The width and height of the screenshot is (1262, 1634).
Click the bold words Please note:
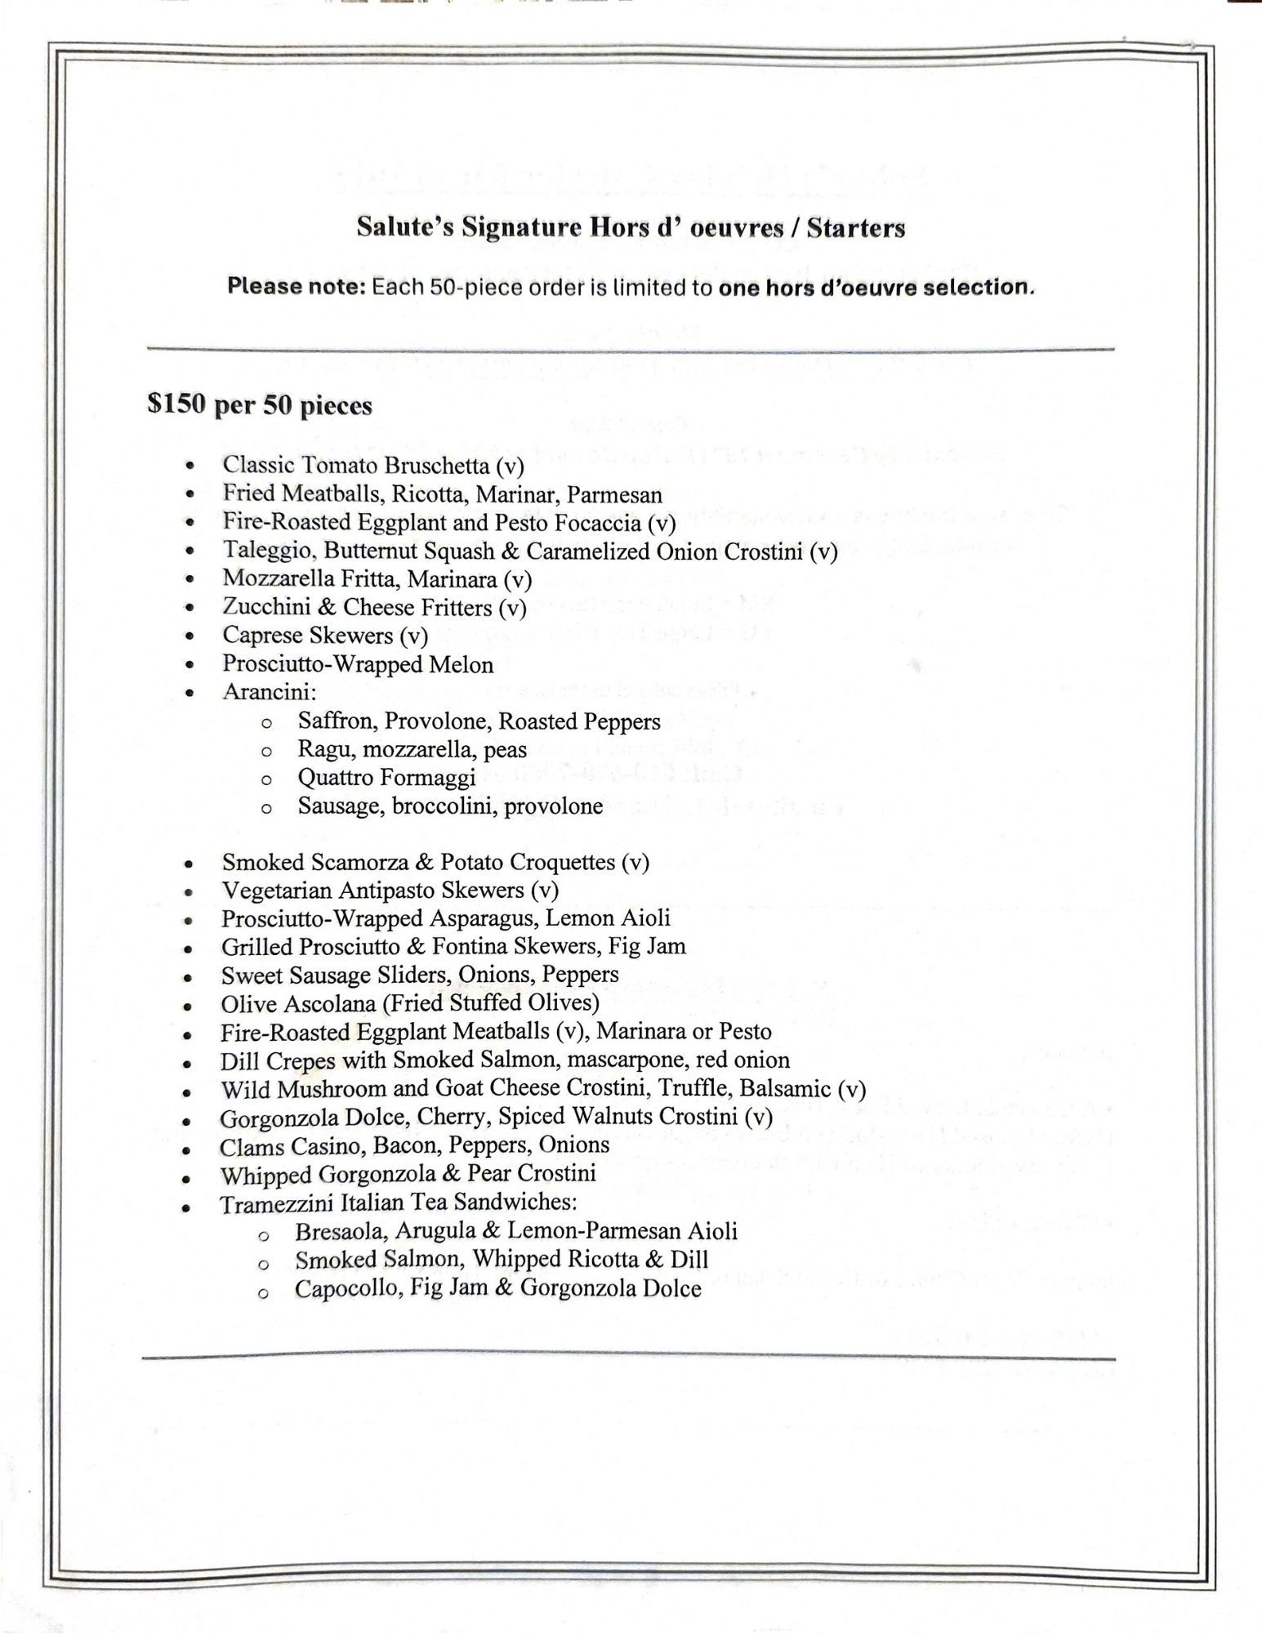pos(296,287)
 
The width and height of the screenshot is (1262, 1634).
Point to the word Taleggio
pos(268,551)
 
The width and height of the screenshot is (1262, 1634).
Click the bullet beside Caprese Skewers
pos(190,636)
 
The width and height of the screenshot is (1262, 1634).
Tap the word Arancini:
pos(269,692)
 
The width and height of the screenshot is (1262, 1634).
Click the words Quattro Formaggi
pos(386,778)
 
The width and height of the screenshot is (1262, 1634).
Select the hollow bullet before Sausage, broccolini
pos(265,808)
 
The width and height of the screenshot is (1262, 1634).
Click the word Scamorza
pos(367,863)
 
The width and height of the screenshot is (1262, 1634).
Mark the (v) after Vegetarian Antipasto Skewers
pos(544,891)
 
